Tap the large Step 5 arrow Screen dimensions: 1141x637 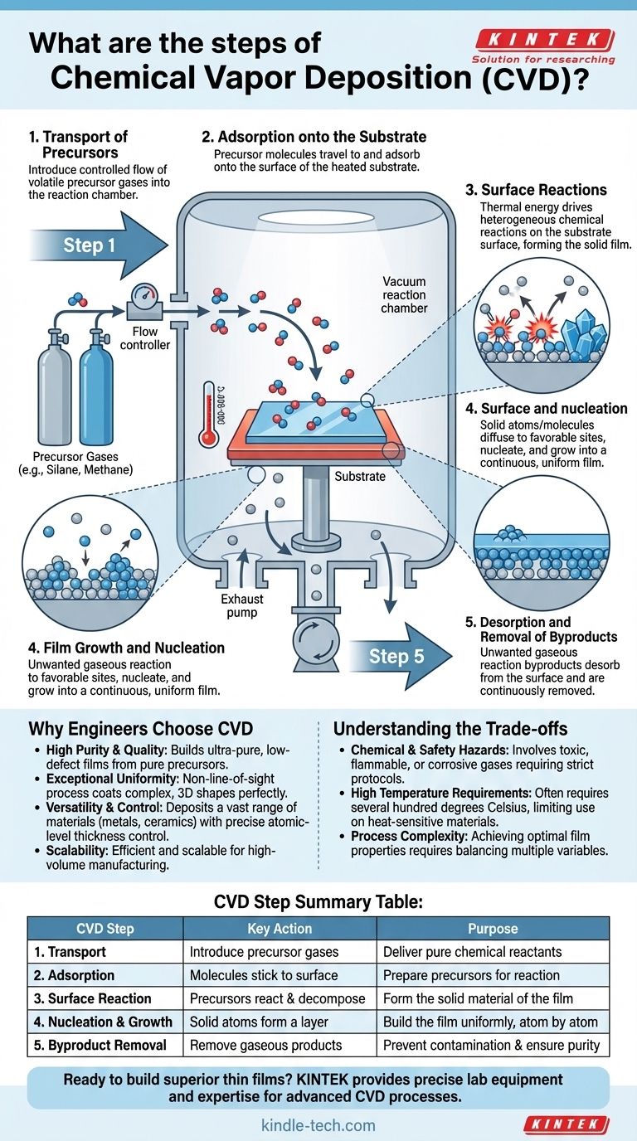[x=396, y=657]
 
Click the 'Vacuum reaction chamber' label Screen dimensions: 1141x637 [x=405, y=295]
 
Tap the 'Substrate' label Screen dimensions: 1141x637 [x=360, y=477]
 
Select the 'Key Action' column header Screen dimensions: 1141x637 [x=280, y=929]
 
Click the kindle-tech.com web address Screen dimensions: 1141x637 [x=318, y=1125]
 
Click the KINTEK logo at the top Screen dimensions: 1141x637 [x=544, y=39]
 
